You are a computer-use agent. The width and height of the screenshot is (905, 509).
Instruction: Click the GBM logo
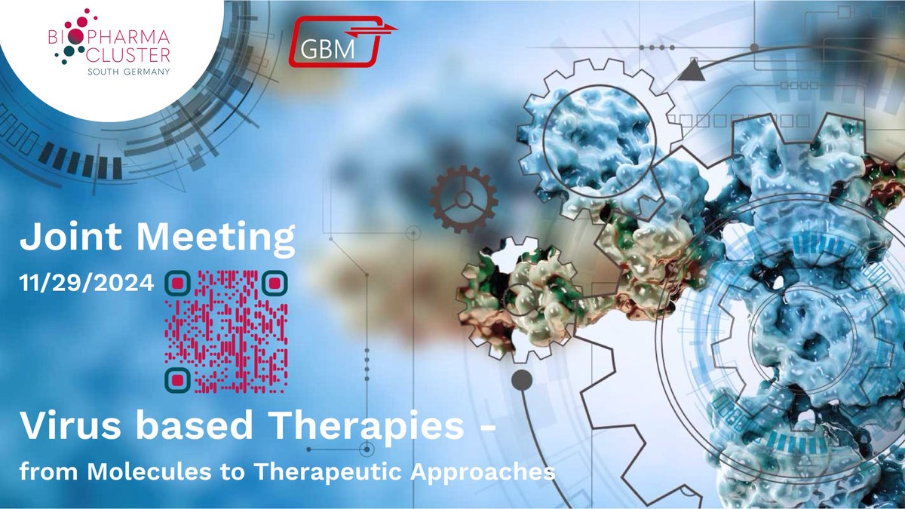tap(342, 41)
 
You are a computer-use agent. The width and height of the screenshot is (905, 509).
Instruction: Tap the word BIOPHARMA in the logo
tap(109, 37)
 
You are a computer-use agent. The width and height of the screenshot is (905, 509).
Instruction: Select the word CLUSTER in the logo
tap(128, 55)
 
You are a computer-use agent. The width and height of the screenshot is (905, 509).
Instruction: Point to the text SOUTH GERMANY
tap(129, 72)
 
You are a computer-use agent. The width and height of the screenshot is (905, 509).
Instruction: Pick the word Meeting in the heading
tap(216, 239)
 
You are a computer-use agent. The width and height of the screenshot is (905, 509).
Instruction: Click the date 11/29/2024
tap(87, 283)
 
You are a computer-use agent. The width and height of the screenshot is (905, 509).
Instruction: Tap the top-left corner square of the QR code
tap(177, 284)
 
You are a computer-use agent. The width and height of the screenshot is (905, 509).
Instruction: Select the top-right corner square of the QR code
tap(275, 284)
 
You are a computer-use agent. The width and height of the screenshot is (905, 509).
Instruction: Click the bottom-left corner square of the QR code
tap(177, 380)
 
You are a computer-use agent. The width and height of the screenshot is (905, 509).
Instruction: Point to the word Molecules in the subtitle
tap(149, 471)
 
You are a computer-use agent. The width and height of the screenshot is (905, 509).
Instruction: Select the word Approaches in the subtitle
tap(483, 474)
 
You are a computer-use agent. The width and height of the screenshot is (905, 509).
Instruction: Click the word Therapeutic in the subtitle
tap(327, 474)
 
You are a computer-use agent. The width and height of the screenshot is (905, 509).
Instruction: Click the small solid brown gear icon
tap(463, 199)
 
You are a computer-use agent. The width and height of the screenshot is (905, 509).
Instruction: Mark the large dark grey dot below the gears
tap(522, 380)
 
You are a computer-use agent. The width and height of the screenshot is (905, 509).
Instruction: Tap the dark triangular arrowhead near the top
tap(692, 69)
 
